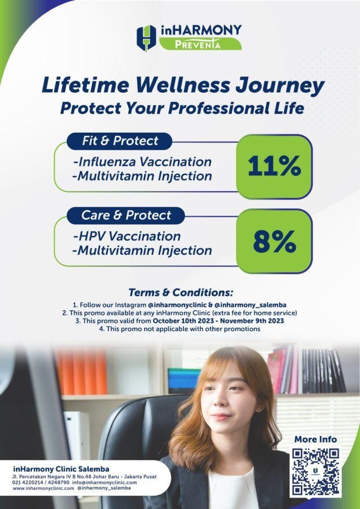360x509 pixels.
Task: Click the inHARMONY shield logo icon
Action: coord(146,38)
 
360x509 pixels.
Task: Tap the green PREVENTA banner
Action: coord(200,44)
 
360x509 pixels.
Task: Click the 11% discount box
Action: coord(274,167)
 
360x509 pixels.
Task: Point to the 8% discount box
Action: coord(274,241)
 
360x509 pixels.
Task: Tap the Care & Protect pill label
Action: coord(126,216)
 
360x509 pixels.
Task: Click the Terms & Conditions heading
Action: coord(181,292)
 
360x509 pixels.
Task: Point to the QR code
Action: coord(316,471)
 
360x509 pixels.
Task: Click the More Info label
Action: coord(316,439)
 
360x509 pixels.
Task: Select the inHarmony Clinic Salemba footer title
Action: coord(61,469)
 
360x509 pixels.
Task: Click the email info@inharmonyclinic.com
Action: coord(105,482)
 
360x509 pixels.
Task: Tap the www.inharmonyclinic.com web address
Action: coord(43,488)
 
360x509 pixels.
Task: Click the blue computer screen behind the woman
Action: coord(184,380)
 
